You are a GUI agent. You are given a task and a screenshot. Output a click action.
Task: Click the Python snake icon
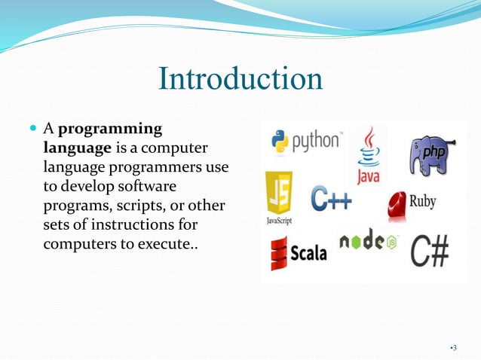[281, 142]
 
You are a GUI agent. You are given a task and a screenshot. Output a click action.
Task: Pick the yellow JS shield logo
[278, 193]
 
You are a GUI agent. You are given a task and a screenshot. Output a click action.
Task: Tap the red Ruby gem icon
[397, 203]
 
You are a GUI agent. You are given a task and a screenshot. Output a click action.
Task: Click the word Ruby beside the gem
[422, 202]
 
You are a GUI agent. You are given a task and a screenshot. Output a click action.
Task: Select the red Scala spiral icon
[279, 252]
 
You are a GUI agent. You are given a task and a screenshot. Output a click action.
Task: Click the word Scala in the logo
[309, 252]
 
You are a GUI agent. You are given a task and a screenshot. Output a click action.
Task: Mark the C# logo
[429, 250]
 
